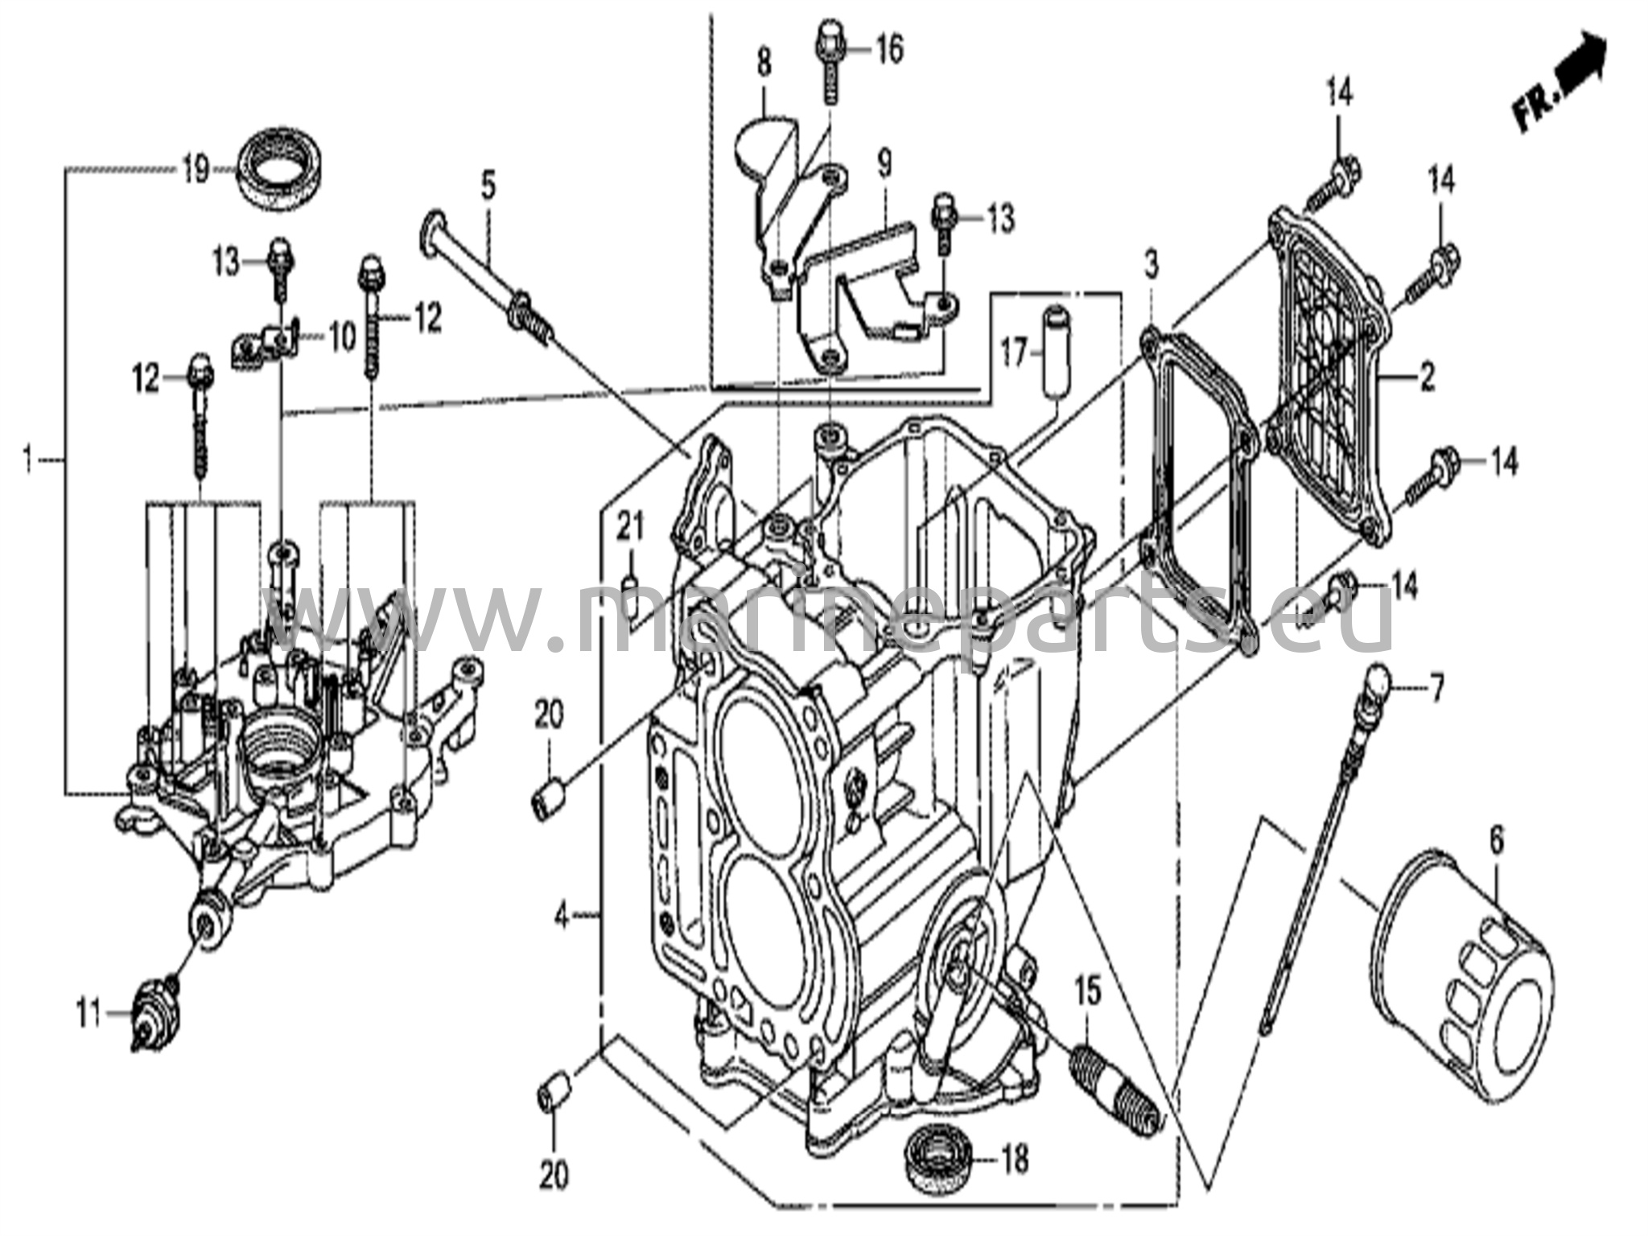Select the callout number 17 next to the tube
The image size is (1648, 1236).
(x=1016, y=352)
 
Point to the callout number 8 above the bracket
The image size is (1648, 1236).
(x=764, y=62)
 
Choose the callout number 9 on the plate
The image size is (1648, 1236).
(x=884, y=165)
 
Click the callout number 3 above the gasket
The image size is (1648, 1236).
(x=1152, y=264)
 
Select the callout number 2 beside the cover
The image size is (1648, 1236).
(x=1427, y=377)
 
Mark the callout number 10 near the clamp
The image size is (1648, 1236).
(x=343, y=337)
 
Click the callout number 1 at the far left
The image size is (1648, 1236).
(x=28, y=460)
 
